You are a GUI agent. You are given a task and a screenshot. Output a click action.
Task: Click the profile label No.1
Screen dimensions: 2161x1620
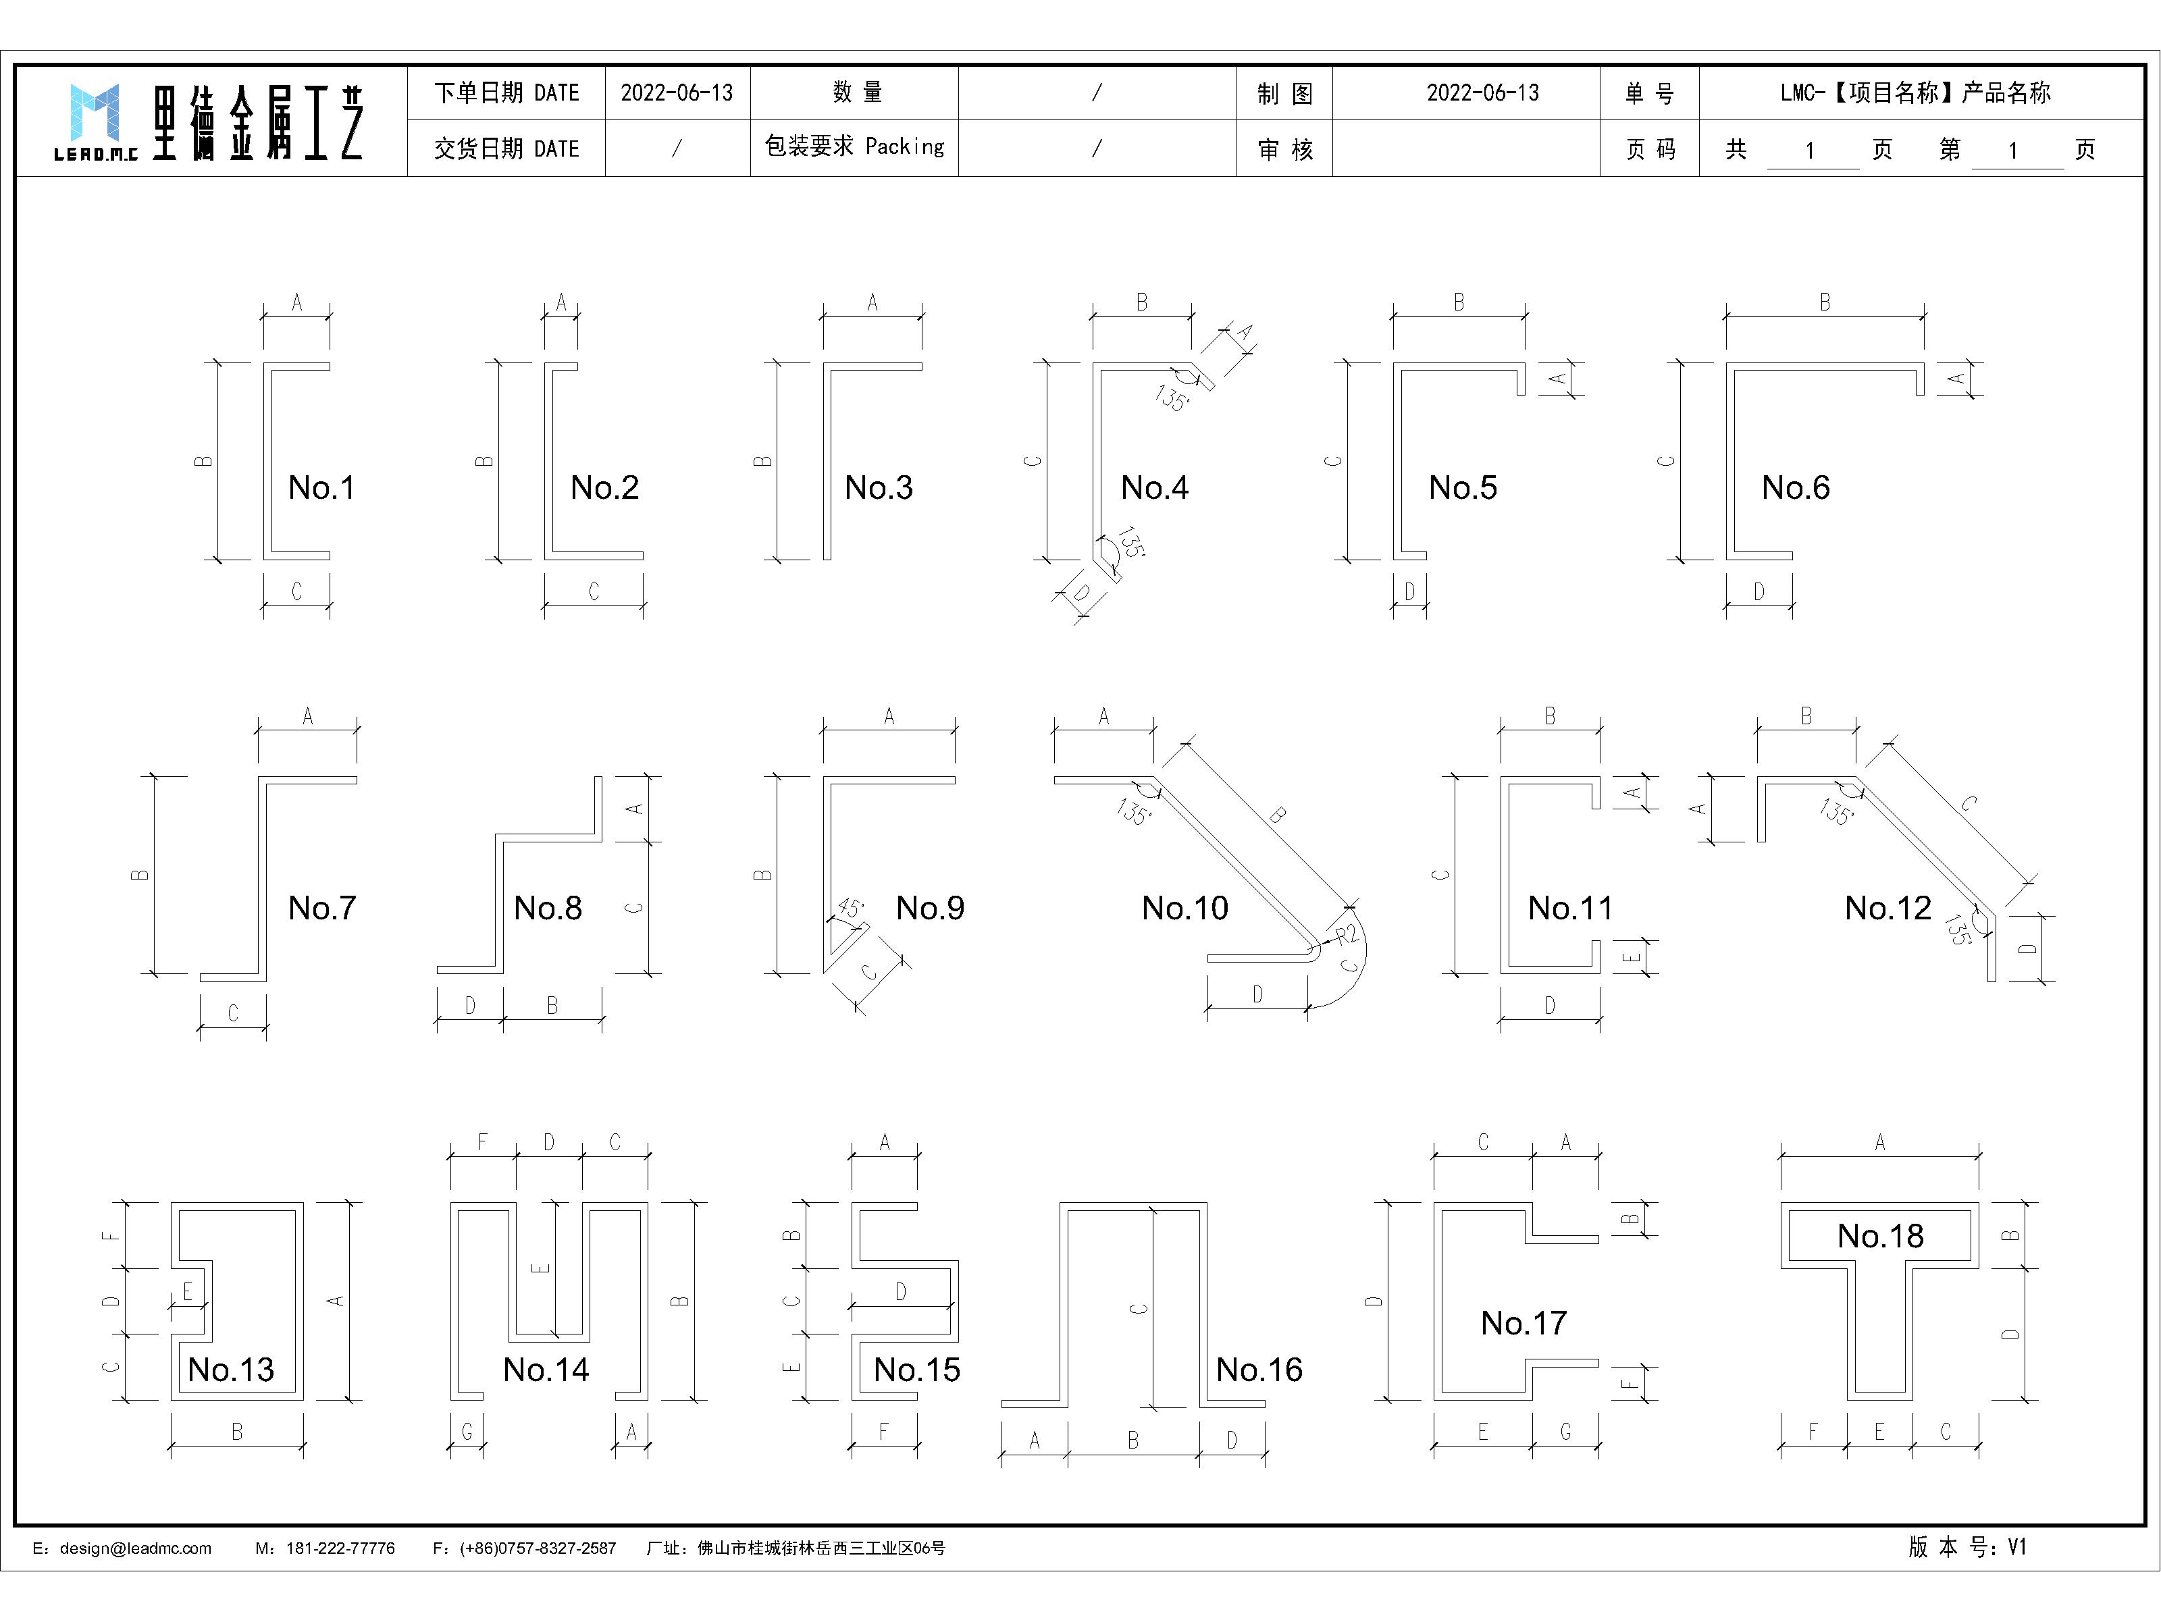tap(321, 487)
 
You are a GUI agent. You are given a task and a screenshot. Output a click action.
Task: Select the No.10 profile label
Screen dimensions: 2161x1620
tap(1185, 908)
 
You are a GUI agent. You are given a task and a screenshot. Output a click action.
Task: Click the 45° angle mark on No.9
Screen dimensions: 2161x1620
tap(851, 909)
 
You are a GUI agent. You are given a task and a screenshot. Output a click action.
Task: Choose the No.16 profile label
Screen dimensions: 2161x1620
tap(1259, 1370)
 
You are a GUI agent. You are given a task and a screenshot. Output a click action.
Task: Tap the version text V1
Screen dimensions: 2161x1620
tap(2016, 1547)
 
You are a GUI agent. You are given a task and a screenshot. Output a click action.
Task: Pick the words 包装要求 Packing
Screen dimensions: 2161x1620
tap(855, 146)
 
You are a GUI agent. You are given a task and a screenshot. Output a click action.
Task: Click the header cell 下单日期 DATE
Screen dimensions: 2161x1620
tap(506, 92)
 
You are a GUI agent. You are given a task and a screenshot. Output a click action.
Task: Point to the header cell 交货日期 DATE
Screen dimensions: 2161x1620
tap(506, 148)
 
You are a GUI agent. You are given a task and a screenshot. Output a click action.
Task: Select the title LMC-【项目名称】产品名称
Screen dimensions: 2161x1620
tap(1915, 92)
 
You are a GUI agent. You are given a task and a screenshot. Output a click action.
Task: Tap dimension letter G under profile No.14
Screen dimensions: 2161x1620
tap(467, 1432)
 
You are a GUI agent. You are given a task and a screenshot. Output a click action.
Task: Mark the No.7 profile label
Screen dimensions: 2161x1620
tap(321, 908)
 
